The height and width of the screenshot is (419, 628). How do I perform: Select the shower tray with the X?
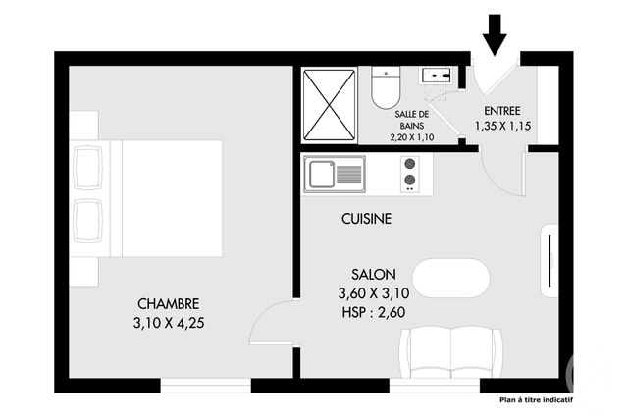(x=329, y=105)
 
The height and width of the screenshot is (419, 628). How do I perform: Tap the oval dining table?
(x=450, y=279)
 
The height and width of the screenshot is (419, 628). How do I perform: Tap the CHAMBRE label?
(x=169, y=304)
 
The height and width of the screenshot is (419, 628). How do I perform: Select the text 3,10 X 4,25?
(x=169, y=322)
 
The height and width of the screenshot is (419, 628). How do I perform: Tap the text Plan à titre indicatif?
(x=536, y=400)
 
